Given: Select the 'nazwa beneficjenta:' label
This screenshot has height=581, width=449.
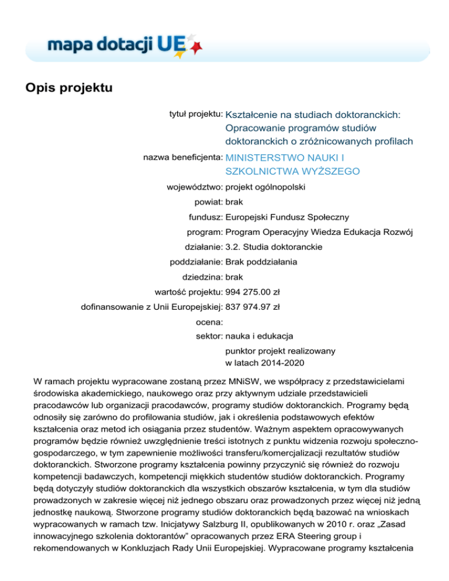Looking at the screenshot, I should (x=182, y=157).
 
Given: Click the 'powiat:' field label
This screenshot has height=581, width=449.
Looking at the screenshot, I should (x=208, y=202).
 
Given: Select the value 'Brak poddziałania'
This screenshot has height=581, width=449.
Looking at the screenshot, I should (x=261, y=262).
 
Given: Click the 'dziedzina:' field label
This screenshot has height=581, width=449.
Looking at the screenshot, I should (x=202, y=277).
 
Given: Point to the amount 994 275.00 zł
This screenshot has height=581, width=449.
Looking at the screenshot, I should (x=256, y=292).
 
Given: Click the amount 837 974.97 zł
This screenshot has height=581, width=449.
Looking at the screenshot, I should (x=256, y=307).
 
